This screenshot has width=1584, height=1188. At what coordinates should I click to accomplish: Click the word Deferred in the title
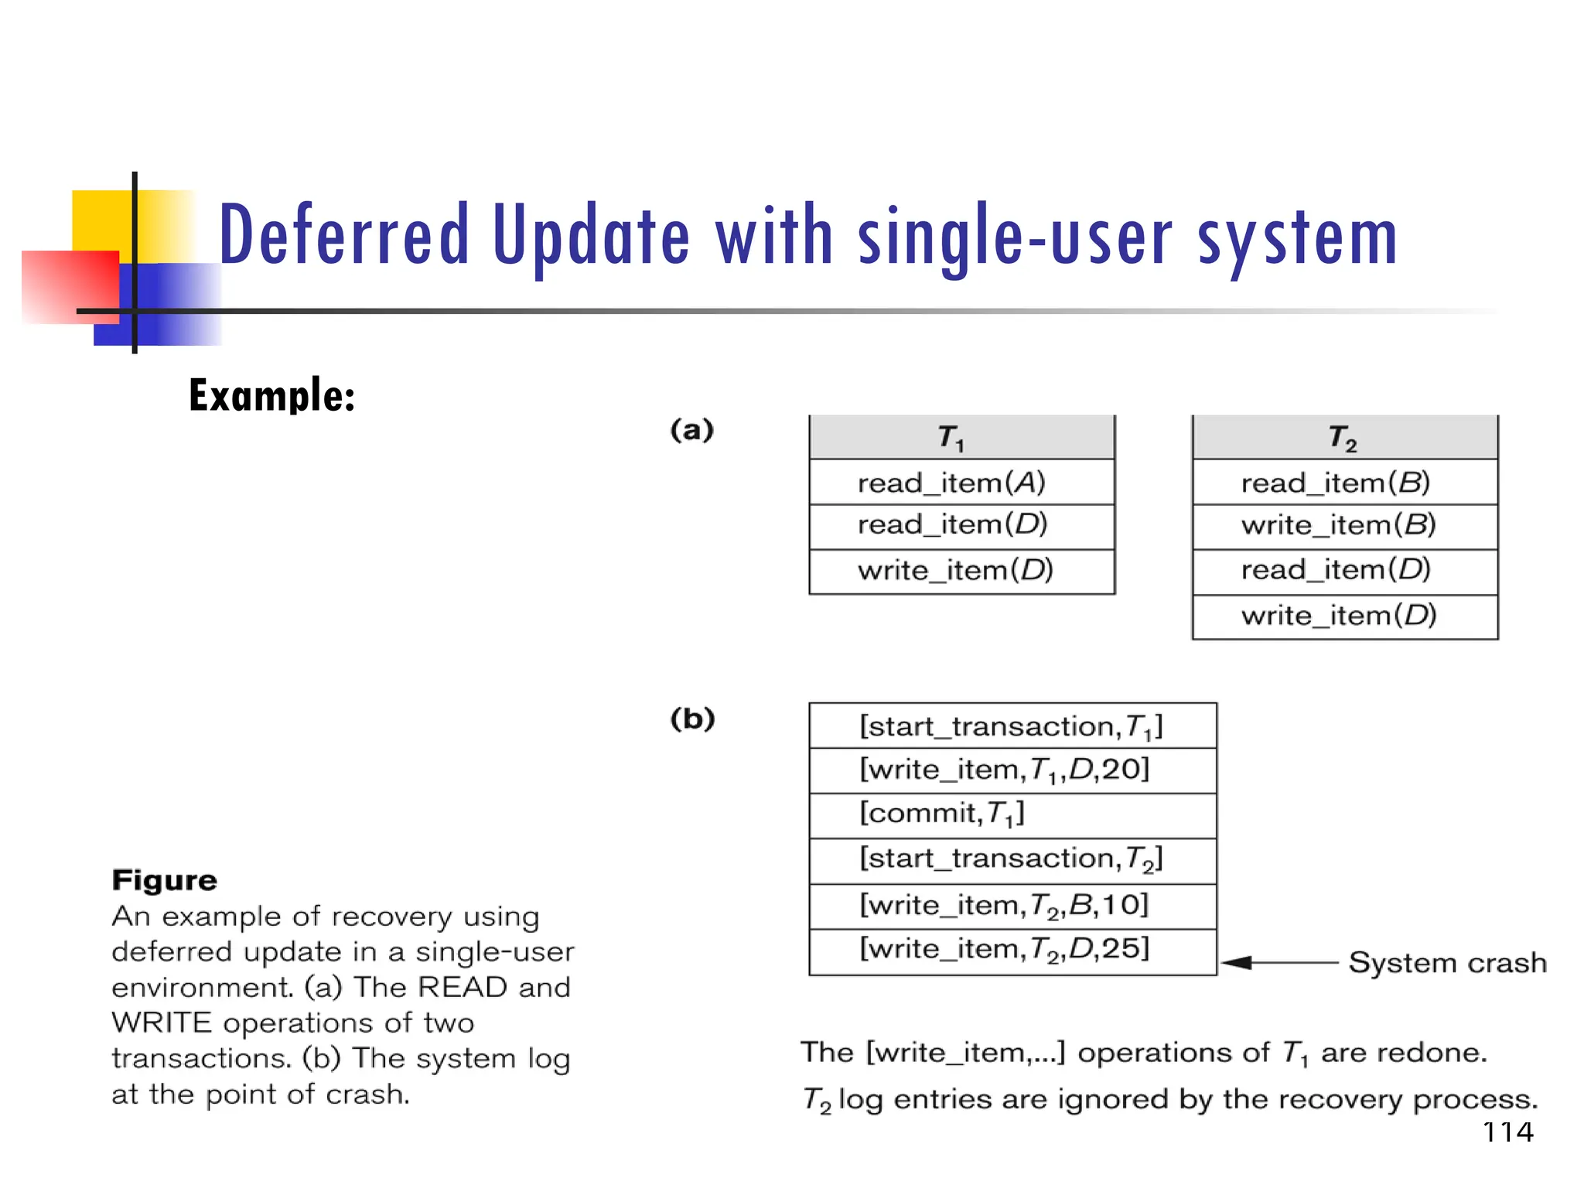(x=344, y=234)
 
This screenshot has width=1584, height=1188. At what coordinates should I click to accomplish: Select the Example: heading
(x=271, y=395)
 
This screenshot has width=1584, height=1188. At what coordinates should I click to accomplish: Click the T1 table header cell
(x=961, y=438)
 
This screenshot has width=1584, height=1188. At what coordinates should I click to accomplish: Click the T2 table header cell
(x=1344, y=438)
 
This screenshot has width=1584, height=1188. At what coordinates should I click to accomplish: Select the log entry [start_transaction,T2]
(x=1012, y=859)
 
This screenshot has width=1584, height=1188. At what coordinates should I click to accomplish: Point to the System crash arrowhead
(x=1236, y=962)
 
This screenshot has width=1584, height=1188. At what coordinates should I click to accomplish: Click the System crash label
(x=1446, y=963)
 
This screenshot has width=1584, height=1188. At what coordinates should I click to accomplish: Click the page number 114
(x=1507, y=1132)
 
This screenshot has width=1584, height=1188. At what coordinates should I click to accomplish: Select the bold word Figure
(x=164, y=880)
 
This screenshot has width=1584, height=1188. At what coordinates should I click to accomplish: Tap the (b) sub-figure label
(x=692, y=719)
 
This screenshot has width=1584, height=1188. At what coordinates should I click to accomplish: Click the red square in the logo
(x=70, y=286)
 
